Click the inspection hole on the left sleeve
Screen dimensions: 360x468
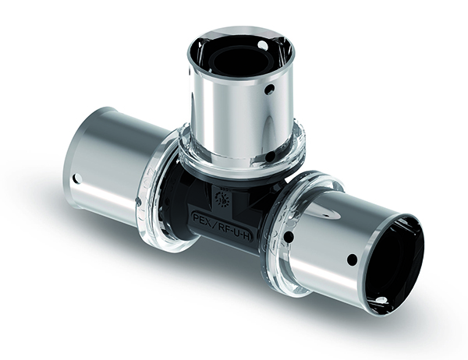pos(76,178)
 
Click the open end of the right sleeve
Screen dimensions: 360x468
pos(398,256)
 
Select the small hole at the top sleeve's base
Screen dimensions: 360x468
pos(268,156)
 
